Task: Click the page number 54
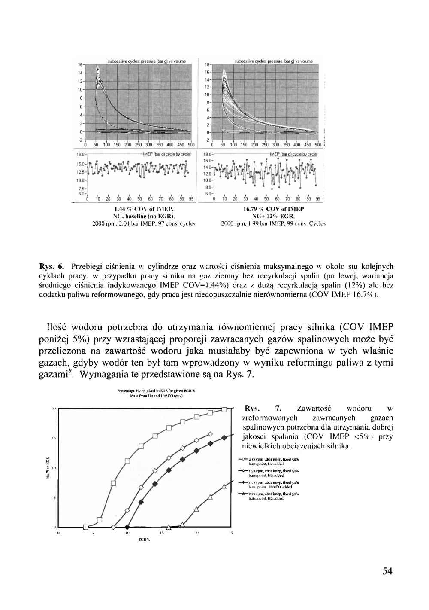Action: click(x=387, y=571)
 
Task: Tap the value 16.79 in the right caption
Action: click(x=251, y=209)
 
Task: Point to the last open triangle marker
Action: click(x=224, y=486)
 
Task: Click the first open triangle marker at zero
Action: click(x=169, y=527)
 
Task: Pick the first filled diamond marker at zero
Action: click(x=127, y=527)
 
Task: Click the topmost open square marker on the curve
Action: click(x=224, y=409)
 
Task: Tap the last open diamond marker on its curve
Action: click(x=210, y=433)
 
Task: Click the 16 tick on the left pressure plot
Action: click(x=80, y=64)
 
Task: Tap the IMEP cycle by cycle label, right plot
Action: click(x=293, y=153)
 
